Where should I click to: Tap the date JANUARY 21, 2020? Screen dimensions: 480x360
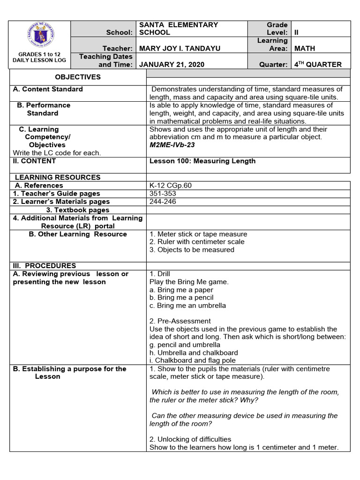171,65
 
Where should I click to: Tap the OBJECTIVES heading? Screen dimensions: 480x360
78,77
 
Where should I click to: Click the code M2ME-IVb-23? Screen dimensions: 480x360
172,145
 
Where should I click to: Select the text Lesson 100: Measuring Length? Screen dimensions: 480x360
202,161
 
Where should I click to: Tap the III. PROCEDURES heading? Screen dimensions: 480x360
45,265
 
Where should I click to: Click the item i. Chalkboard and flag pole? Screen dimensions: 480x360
193,360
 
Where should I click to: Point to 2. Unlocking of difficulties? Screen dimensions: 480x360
190,439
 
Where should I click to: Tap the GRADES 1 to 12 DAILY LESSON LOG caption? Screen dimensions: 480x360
40,57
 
